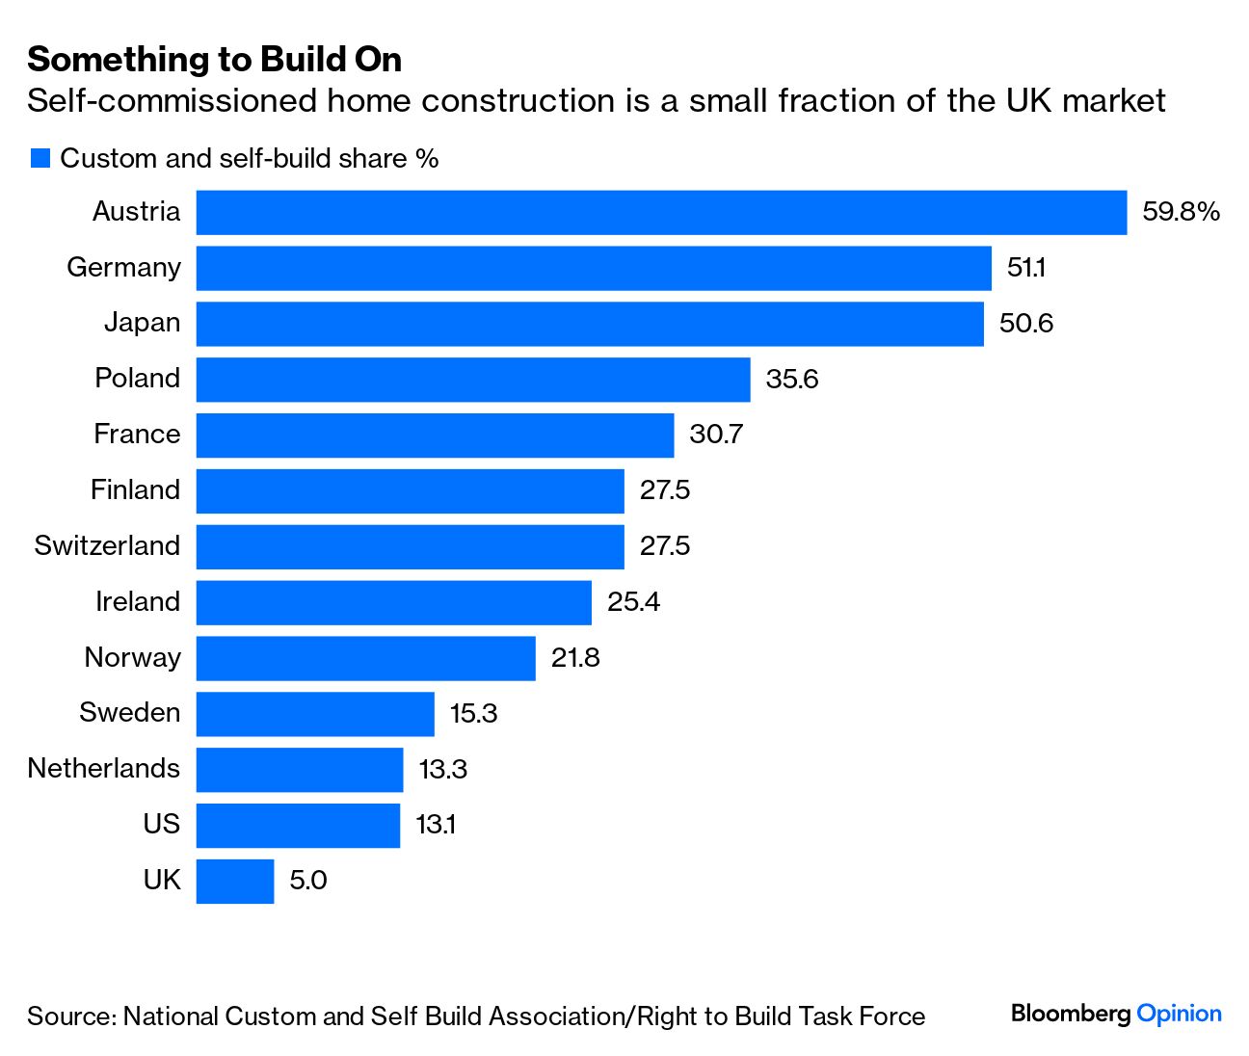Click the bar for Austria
pyautogui.click(x=661, y=212)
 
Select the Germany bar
pyautogui.click(x=594, y=268)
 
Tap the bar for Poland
pyautogui.click(x=473, y=380)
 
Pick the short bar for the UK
pyautogui.click(x=235, y=881)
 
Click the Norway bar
pyautogui.click(x=365, y=658)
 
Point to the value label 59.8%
pyautogui.click(x=1181, y=212)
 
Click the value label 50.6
pyautogui.click(x=1025, y=324)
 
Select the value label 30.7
pyautogui.click(x=716, y=435)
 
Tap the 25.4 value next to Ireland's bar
pyautogui.click(x=633, y=602)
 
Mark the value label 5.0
pyautogui.click(x=308, y=881)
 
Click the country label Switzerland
pyautogui.click(x=107, y=546)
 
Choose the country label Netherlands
pyautogui.click(x=103, y=769)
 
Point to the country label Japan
pyautogui.click(x=142, y=323)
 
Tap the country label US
pyautogui.click(x=161, y=824)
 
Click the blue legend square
pyautogui.click(x=40, y=158)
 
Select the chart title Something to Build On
pyautogui.click(x=214, y=60)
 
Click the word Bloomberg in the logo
pyautogui.click(x=1071, y=1014)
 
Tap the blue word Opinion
pyautogui.click(x=1179, y=1014)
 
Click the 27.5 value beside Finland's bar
pyautogui.click(x=665, y=490)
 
